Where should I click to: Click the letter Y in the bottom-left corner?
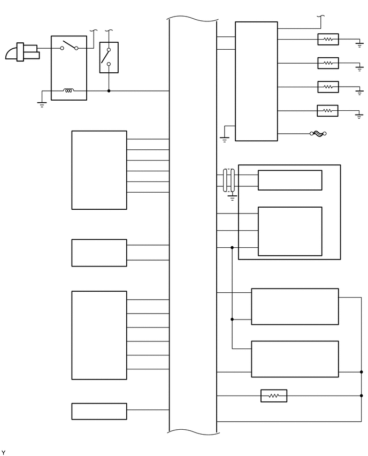[x=3, y=453]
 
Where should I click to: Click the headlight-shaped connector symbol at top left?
[x=21, y=52]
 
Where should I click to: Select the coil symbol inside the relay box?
[x=68, y=90]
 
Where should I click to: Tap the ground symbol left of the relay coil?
[x=42, y=104]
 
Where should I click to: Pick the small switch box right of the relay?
[x=109, y=57]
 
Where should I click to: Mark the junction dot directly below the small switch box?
[x=109, y=90]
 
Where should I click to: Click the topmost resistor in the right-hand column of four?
[x=328, y=40]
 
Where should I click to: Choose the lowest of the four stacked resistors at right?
[x=328, y=111]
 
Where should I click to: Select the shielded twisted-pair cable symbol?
[x=229, y=180]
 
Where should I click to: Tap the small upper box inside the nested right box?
[x=290, y=180]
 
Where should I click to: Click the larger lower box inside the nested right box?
[x=290, y=231]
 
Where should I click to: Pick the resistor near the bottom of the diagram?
[x=274, y=396]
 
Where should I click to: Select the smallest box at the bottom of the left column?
[x=99, y=411]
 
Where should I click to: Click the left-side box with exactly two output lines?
[x=99, y=253]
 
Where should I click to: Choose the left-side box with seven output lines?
[x=99, y=335]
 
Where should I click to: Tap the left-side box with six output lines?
[x=99, y=170]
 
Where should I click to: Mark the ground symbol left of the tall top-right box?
[x=224, y=139]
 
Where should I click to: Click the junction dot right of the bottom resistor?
[x=362, y=396]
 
